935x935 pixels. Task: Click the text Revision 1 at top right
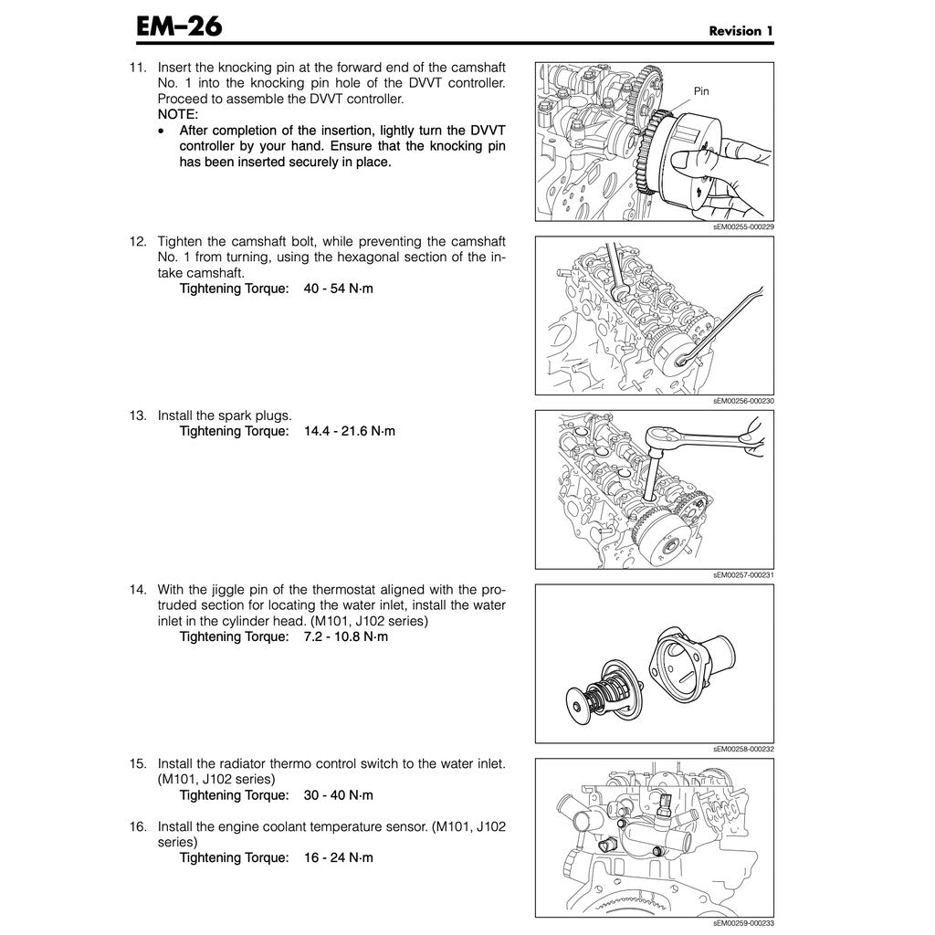click(741, 31)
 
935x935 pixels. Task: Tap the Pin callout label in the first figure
click(701, 91)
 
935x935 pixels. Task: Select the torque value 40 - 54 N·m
click(339, 289)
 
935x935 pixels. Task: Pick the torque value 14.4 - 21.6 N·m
click(350, 430)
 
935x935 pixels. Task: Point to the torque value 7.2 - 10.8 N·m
click(346, 636)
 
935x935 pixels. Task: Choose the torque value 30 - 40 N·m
click(339, 795)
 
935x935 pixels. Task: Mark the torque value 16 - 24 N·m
click(339, 857)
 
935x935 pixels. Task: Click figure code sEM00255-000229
click(743, 226)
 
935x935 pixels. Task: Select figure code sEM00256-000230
click(743, 401)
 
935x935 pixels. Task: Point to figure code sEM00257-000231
click(743, 575)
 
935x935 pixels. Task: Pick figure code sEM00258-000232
click(743, 749)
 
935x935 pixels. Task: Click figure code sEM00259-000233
click(743, 923)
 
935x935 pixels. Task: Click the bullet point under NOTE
click(162, 131)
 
